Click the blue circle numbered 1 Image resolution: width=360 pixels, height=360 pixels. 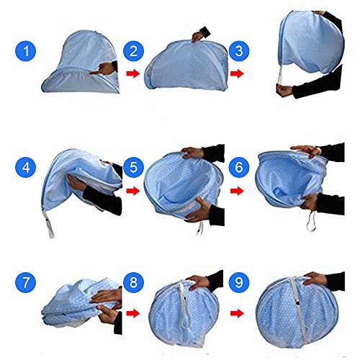26,51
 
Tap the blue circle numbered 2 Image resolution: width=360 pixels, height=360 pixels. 133,51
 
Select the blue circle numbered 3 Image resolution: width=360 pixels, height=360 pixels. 239,51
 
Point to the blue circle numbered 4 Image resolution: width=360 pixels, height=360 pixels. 26,167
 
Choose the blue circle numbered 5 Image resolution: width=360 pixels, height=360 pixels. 133,167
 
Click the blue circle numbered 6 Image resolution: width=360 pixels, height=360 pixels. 239,167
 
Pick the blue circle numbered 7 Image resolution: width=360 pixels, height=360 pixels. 26,282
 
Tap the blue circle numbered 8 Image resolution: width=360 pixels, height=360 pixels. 133,282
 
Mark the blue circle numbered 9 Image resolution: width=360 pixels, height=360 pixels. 239,282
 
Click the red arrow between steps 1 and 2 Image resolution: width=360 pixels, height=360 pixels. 133,73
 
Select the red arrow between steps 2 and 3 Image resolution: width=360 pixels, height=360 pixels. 237,73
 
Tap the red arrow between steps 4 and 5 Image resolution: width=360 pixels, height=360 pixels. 133,191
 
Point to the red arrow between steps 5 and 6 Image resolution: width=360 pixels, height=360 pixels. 237,191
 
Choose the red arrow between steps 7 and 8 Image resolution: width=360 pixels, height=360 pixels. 133,313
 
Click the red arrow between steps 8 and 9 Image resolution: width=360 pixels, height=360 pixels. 237,313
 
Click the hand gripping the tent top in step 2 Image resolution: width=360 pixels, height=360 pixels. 197,37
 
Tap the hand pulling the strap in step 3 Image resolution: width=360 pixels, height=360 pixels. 284,90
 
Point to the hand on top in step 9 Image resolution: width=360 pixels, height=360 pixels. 315,279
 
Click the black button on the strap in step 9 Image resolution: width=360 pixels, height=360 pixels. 298,303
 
